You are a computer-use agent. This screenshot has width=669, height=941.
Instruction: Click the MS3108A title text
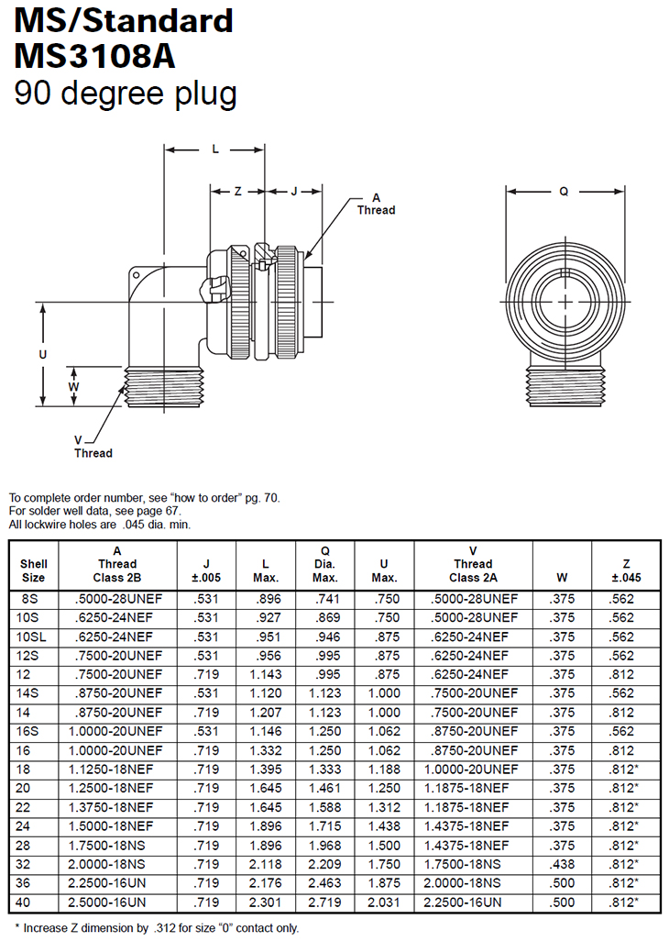(x=94, y=56)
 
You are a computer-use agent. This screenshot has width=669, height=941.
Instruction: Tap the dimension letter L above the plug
(x=215, y=149)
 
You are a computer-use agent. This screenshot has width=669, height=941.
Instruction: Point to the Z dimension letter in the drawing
(x=237, y=192)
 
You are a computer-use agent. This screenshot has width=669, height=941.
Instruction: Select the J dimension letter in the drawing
(x=294, y=192)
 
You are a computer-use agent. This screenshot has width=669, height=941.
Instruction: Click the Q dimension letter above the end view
(x=565, y=192)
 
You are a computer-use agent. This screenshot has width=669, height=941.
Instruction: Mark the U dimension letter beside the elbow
(x=42, y=353)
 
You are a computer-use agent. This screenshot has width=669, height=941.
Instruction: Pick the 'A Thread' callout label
(x=376, y=204)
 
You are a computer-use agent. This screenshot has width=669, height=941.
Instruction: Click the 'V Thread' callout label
(x=93, y=446)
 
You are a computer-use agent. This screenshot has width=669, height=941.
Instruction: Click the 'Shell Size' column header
(x=33, y=570)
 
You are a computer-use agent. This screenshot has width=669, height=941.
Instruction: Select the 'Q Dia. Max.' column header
(x=325, y=564)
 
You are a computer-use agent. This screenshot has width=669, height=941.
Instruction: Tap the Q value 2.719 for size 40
(x=325, y=902)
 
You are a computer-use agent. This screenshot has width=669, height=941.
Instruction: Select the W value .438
(x=562, y=864)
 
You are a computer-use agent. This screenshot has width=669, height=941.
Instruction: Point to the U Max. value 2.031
(x=384, y=902)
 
